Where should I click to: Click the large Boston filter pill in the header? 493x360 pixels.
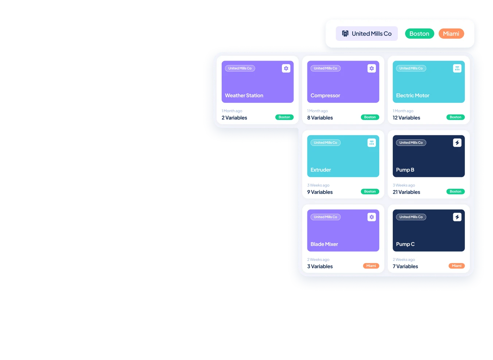tap(419, 34)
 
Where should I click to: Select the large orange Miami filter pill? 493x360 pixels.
tap(451, 34)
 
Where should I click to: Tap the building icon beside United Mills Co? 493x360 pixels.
tap(345, 34)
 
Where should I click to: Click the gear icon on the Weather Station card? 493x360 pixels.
tap(286, 68)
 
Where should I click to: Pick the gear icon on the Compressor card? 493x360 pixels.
tap(372, 68)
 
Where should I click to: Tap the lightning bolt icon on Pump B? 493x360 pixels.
tap(457, 143)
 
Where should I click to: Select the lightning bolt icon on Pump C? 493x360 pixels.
tap(457, 217)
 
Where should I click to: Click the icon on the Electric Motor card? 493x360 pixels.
tap(457, 68)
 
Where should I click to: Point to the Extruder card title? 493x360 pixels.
tap(321, 170)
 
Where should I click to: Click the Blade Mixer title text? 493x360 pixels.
tap(324, 244)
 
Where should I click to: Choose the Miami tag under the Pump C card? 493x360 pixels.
tap(457, 266)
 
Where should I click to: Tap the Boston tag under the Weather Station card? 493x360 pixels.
tap(284, 117)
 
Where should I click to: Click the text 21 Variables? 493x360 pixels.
tap(406, 192)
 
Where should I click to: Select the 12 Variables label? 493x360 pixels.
tap(406, 118)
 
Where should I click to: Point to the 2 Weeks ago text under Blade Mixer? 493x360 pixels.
tap(318, 260)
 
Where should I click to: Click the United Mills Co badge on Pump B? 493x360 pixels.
tap(411, 143)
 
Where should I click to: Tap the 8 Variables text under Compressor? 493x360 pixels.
tap(320, 118)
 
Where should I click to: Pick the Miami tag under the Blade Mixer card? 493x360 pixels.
tap(371, 266)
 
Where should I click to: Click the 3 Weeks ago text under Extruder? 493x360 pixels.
tap(318, 185)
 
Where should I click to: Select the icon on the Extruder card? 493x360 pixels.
tap(372, 143)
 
